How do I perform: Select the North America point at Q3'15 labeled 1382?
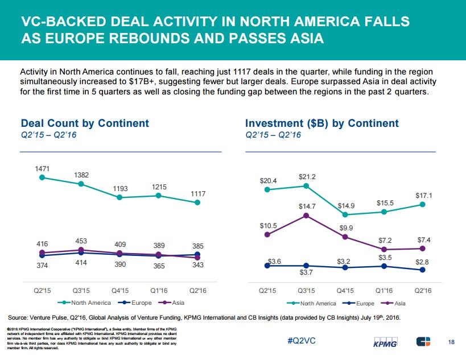(81, 184)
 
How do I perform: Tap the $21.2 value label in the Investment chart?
(307, 177)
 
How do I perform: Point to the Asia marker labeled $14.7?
(307, 216)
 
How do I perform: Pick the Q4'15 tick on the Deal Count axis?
(120, 291)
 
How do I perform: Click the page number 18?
(451, 341)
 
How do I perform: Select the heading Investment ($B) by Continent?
(321, 123)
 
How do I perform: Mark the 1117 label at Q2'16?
(197, 194)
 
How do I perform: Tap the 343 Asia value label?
(197, 266)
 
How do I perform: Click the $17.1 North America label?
(423, 196)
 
